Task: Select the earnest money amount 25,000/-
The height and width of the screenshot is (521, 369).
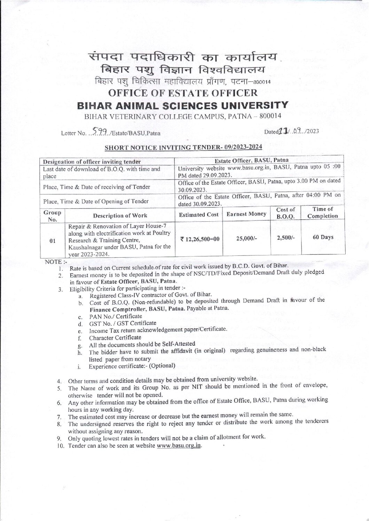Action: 246,237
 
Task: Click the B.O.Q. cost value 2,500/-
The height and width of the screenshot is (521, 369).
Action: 285,237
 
